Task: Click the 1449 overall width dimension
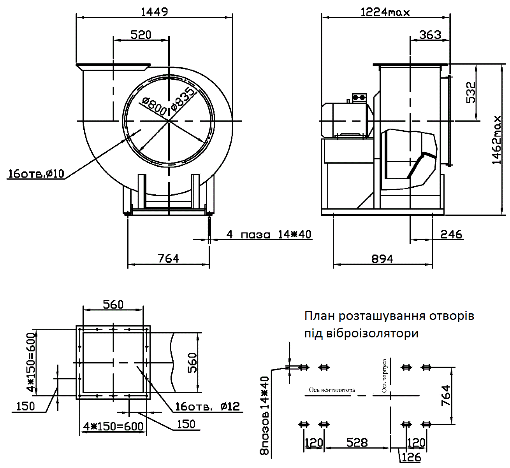point(154,12)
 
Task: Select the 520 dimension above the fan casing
point(141,35)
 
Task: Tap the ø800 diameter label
point(154,106)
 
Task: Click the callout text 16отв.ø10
point(36,173)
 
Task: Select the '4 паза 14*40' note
point(269,234)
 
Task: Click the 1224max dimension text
point(385,12)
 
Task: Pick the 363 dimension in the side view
point(430,35)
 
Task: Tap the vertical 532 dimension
point(471,93)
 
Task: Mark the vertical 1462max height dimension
point(497,140)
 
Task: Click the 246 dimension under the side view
point(451,234)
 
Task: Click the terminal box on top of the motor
point(359,98)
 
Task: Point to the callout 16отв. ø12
point(207,407)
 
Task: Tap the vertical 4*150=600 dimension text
point(31,362)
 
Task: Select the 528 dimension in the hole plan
point(357,442)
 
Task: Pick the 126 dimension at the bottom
point(411,457)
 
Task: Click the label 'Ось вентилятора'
point(332,390)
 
